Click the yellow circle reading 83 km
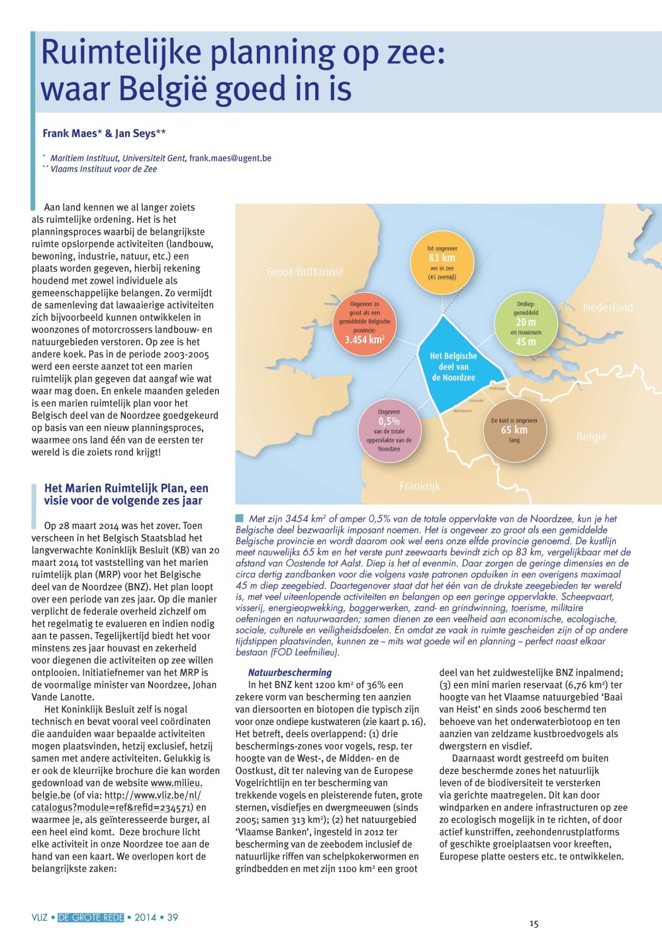(442, 262)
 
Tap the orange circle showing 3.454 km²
(365, 322)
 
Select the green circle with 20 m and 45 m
(526, 323)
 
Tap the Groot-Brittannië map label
(305, 272)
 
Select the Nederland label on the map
(608, 307)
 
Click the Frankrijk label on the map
(420, 486)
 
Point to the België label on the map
(591, 437)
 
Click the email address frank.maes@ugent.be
(230, 158)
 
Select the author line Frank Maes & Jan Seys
(104, 133)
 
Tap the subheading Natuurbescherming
(290, 673)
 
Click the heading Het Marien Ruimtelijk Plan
(126, 494)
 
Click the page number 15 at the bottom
(534, 924)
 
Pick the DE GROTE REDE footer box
(91, 918)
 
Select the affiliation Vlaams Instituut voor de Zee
(103, 169)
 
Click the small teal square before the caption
(239, 518)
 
